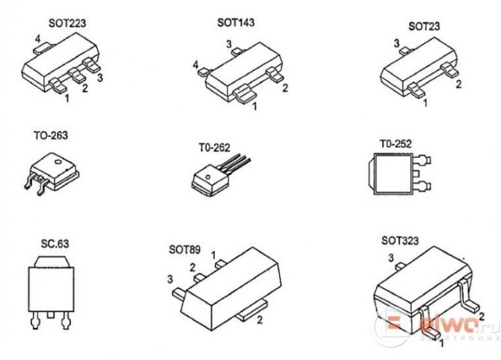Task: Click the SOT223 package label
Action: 67,23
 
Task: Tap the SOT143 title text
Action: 236,22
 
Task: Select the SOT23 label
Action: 424,26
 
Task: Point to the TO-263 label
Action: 51,135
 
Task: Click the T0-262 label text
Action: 215,147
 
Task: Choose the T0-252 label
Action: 396,144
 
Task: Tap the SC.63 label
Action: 55,244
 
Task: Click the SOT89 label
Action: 185,249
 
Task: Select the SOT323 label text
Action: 400,240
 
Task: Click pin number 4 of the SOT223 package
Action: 37,40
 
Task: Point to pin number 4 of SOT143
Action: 196,65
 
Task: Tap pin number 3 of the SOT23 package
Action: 396,43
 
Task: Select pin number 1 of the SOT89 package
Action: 213,255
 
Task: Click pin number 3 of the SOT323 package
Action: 391,257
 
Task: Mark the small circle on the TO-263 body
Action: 58,162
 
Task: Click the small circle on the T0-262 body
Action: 207,177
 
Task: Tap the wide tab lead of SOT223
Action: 43,49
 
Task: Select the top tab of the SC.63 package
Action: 52,261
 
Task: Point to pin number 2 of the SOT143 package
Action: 286,88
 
